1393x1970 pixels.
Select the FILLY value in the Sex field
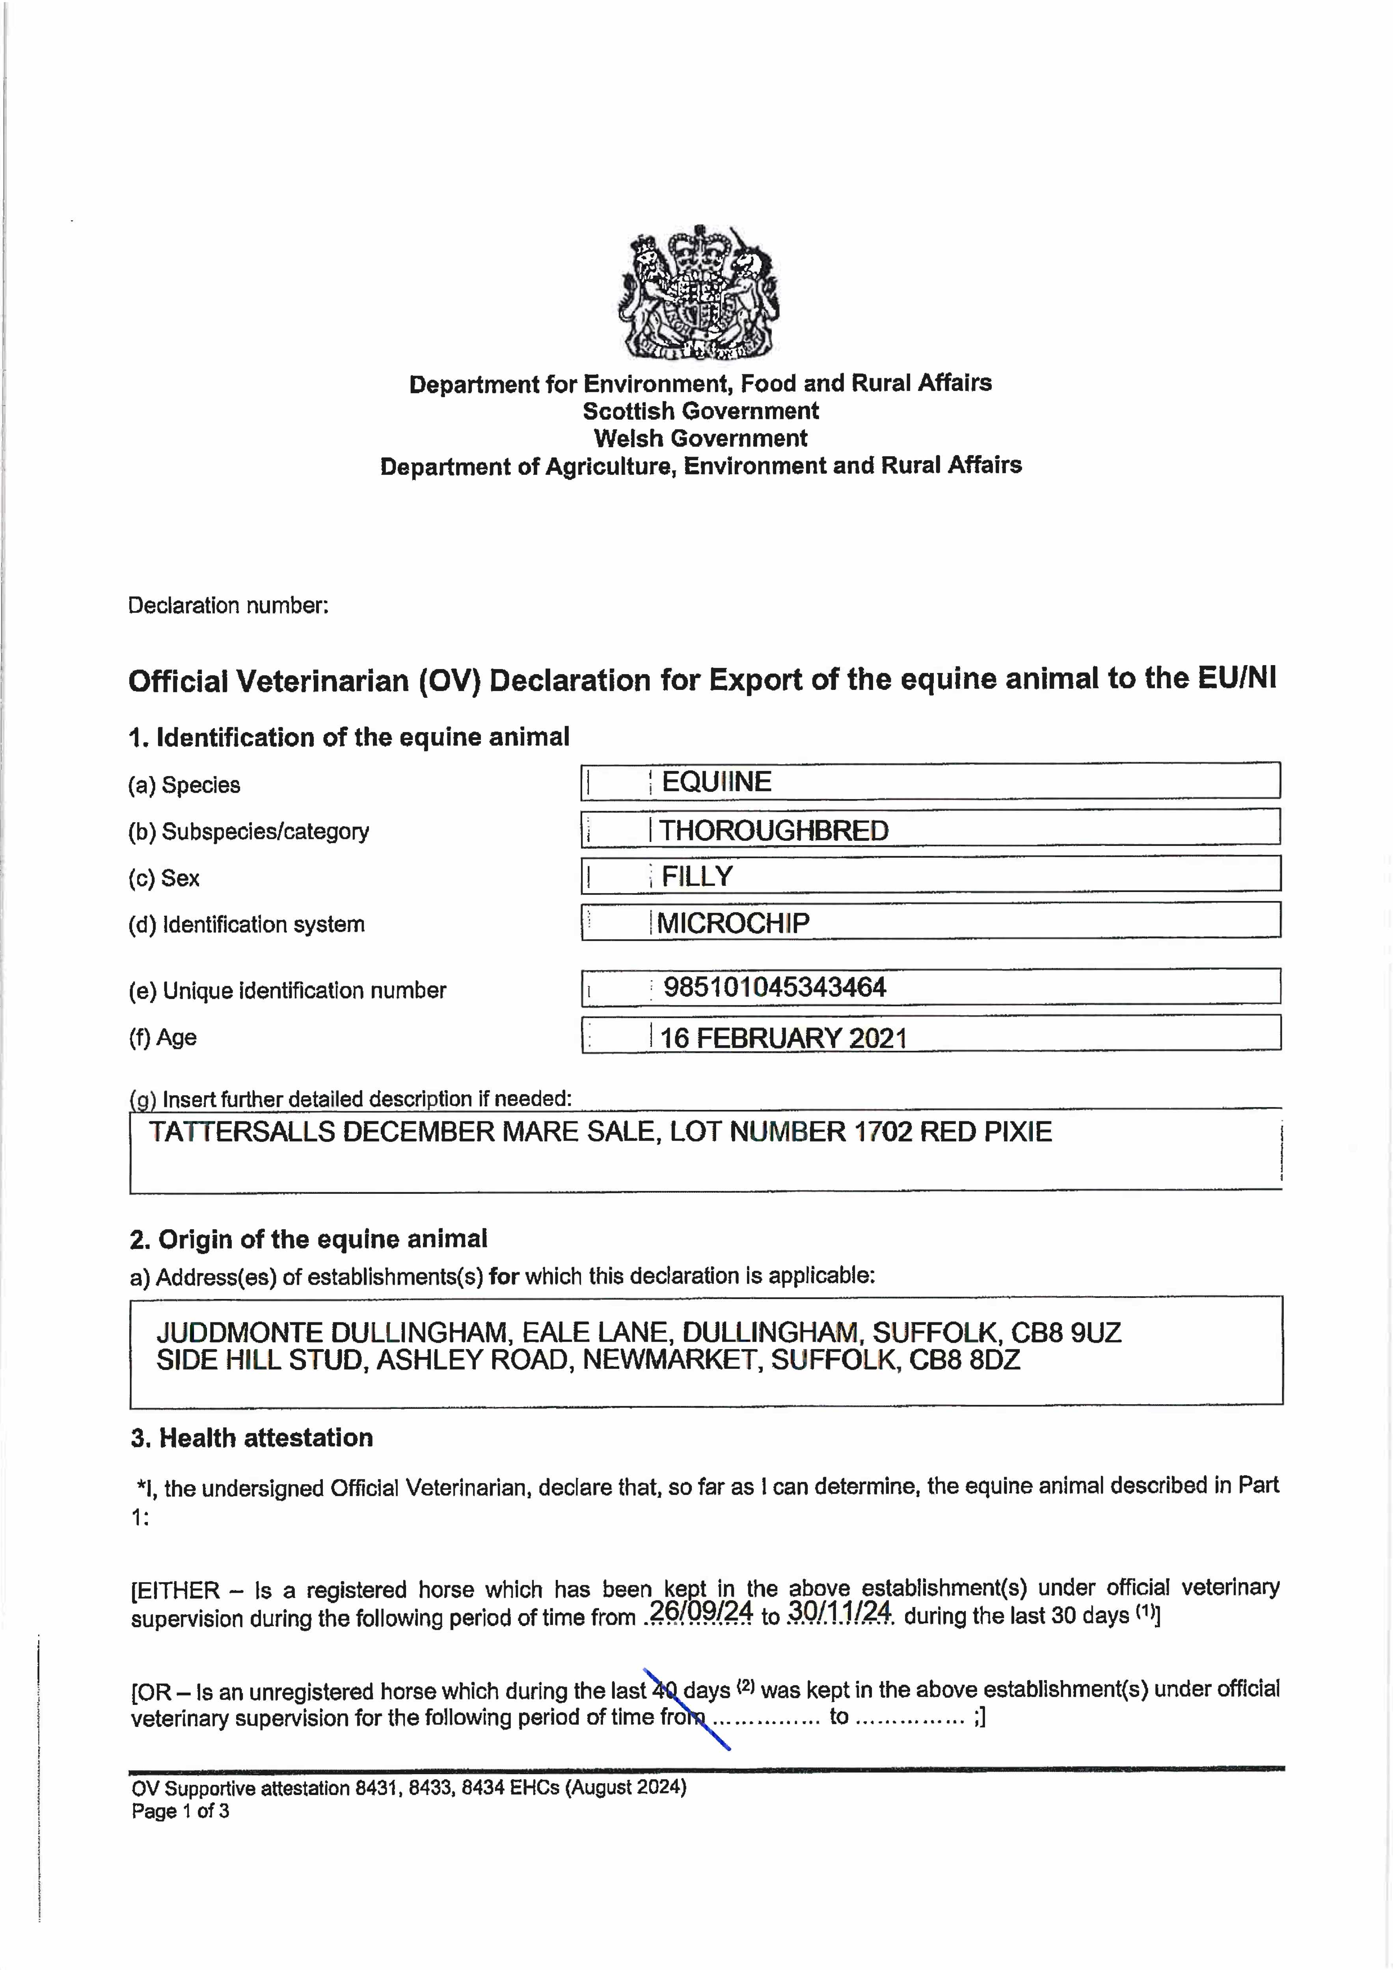(x=697, y=876)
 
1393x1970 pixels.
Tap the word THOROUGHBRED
(x=773, y=831)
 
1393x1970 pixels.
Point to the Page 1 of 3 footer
(x=180, y=1811)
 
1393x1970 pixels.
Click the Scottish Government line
(x=700, y=411)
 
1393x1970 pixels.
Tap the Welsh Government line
(x=700, y=439)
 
